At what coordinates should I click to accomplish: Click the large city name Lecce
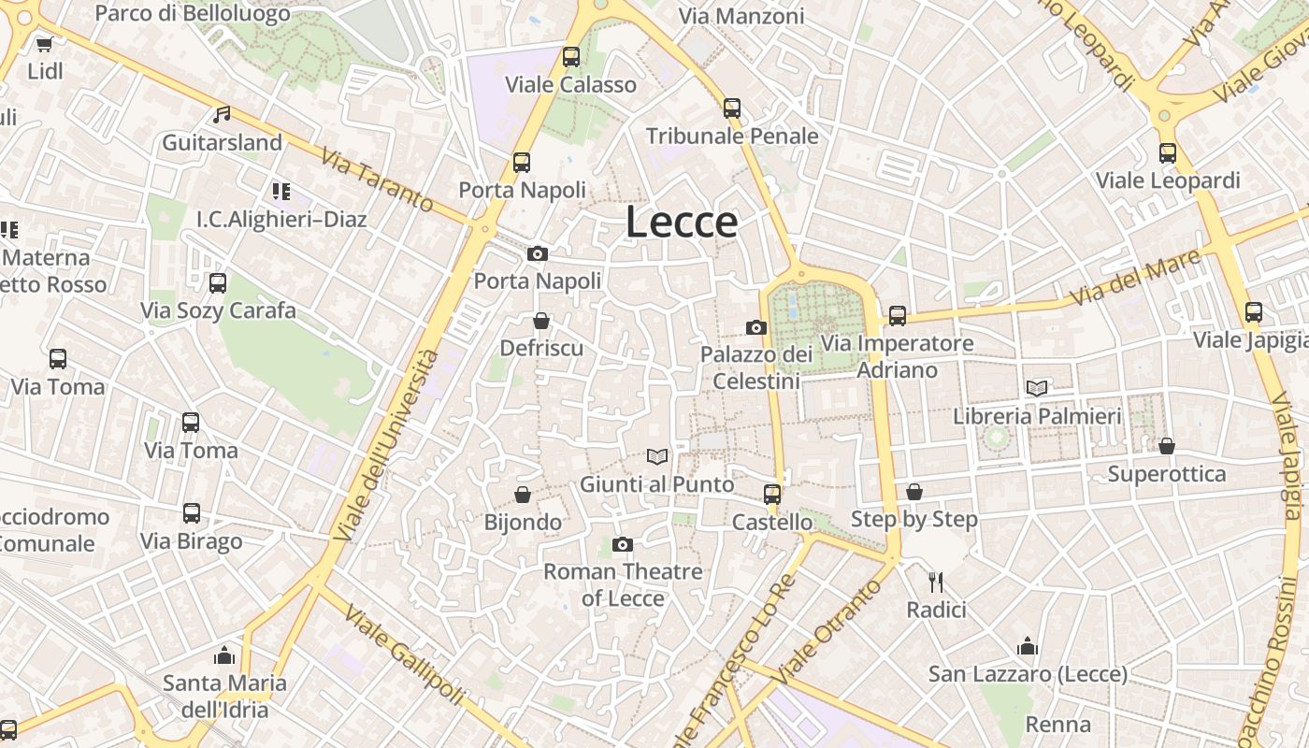tap(682, 222)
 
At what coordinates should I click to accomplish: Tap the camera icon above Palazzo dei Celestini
tap(756, 327)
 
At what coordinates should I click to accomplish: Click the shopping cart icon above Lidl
tap(44, 43)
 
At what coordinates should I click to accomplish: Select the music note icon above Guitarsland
tap(222, 114)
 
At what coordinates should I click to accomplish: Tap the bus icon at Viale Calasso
tap(571, 57)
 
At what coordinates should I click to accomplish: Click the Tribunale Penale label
tap(732, 137)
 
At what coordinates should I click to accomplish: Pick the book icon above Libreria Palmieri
tap(1037, 388)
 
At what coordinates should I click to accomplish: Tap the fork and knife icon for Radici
tap(936, 583)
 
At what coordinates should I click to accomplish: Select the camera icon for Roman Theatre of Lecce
tap(623, 544)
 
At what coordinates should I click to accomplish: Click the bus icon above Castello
tap(772, 495)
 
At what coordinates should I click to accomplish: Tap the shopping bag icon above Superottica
tap(1167, 446)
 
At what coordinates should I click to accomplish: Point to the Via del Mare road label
tap(1135, 277)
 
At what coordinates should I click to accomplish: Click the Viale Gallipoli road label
tap(404, 654)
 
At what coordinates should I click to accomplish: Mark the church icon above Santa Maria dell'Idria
tap(223, 654)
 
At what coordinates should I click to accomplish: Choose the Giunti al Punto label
tap(657, 484)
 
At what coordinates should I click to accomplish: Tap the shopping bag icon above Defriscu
tap(541, 321)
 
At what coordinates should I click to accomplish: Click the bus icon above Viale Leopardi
tap(1168, 153)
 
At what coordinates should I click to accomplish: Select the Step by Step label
tap(914, 519)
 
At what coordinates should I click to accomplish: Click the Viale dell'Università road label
tap(386, 445)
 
